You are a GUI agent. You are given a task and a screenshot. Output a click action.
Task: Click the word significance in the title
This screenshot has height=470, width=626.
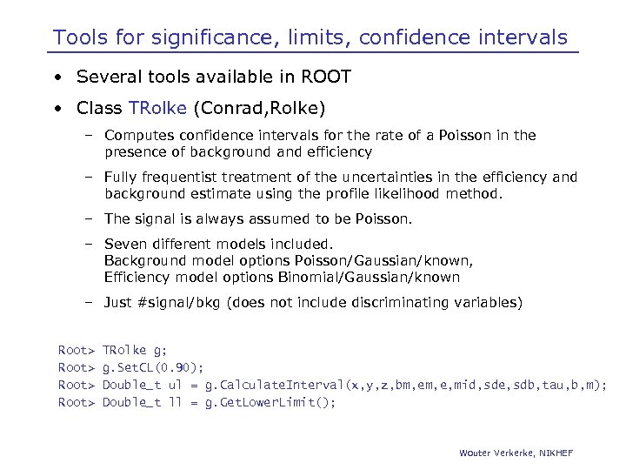[x=186, y=37]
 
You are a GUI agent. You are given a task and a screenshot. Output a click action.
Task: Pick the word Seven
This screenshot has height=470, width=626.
[x=126, y=245]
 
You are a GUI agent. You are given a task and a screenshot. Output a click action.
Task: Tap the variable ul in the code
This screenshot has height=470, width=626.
[x=175, y=385]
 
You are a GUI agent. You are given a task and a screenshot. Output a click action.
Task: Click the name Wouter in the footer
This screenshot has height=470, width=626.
[x=476, y=453]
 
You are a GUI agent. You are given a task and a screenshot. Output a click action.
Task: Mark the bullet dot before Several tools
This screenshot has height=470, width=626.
[x=57, y=78]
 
